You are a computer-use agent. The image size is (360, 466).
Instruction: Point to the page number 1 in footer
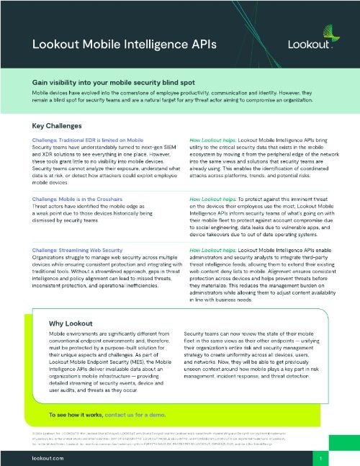click(x=328, y=457)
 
